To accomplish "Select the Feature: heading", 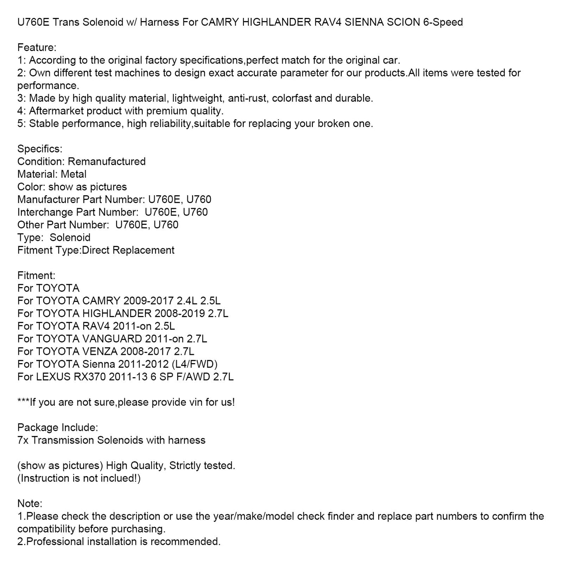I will pos(37,48).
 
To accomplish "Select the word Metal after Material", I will pos(74,174).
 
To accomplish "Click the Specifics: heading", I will pos(40,149).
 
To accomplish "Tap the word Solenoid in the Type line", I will pos(70,238).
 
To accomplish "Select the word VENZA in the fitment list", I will pos(100,351).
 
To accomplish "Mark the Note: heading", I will pos(30,503).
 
